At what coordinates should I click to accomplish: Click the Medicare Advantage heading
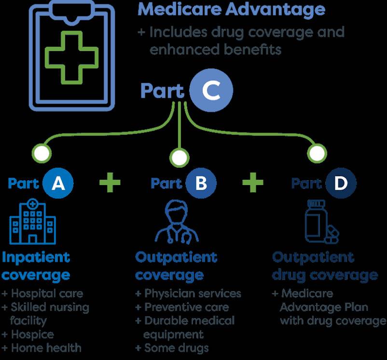tap(232, 9)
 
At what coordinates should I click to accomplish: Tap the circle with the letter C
tap(211, 91)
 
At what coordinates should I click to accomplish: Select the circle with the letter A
tap(58, 183)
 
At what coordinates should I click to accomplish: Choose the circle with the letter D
tap(340, 183)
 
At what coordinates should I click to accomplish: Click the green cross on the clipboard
tap(71, 55)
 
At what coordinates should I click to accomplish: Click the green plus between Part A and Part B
tap(110, 183)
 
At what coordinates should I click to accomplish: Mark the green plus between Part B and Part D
tap(253, 183)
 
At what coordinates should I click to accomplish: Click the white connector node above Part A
tap(42, 154)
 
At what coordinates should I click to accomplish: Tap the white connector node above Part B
tap(179, 156)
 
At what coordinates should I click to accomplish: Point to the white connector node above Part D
tap(317, 154)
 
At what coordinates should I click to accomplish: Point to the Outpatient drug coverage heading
tap(324, 266)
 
